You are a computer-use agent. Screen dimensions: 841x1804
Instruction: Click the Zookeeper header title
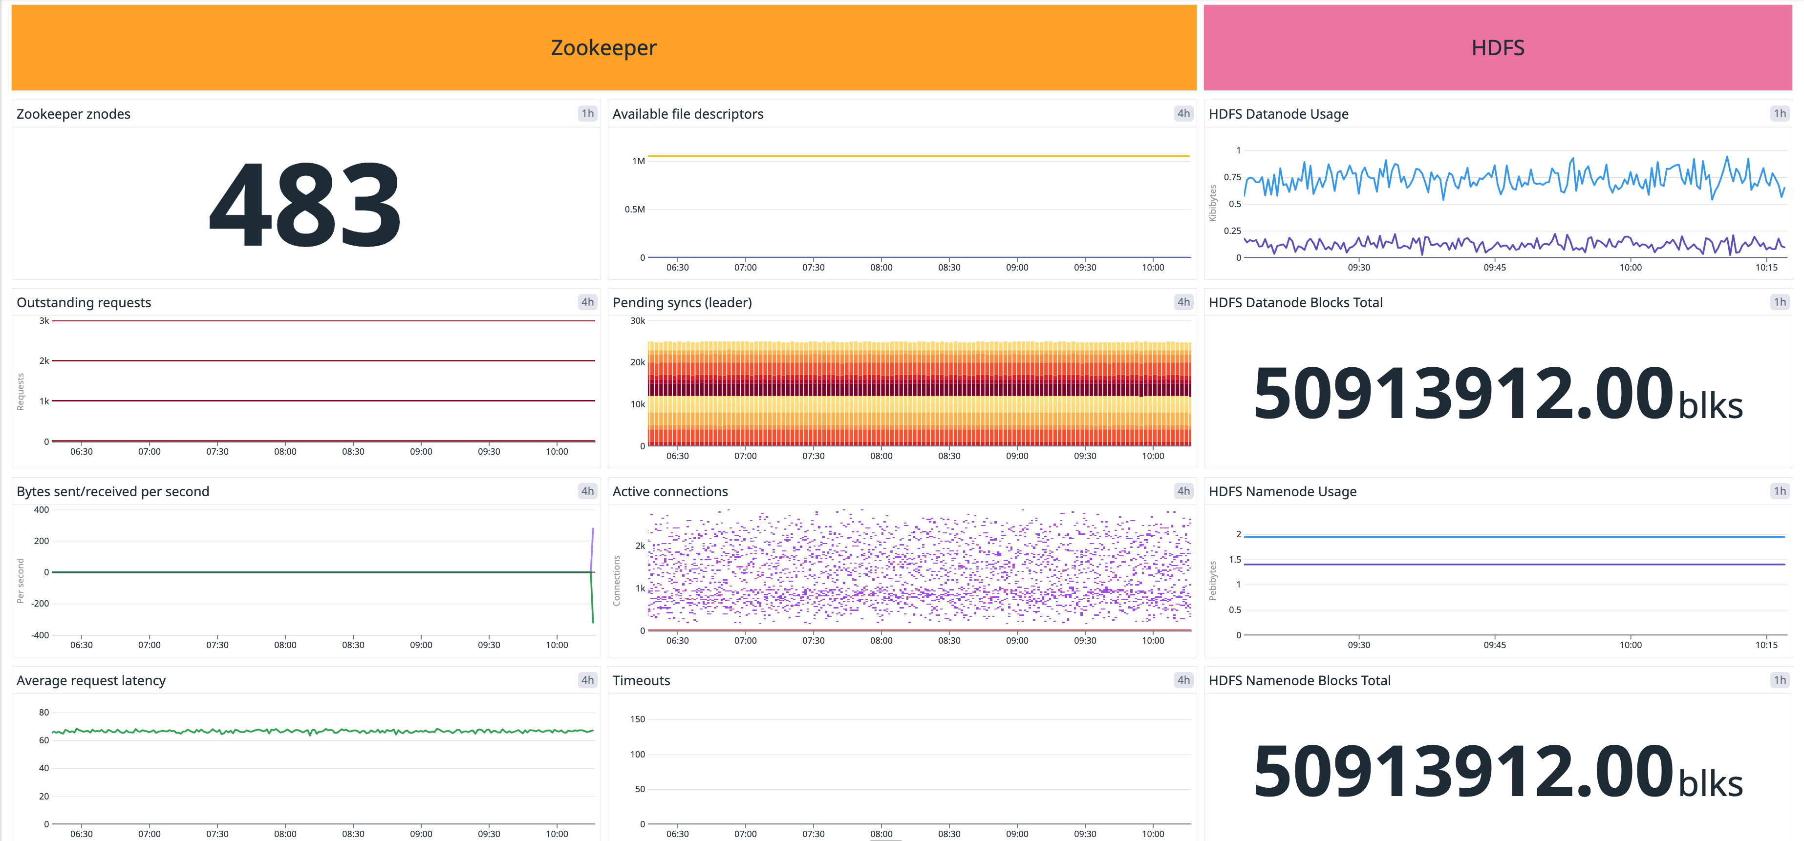click(603, 47)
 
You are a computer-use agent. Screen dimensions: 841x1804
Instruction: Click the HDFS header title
click(1497, 47)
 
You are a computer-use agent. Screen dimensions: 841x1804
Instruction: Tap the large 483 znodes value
click(305, 205)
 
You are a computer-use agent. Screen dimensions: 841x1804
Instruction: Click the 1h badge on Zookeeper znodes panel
click(587, 113)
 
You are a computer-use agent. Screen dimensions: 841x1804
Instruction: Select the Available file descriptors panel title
click(687, 114)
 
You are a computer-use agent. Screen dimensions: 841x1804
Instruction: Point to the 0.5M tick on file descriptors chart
click(635, 210)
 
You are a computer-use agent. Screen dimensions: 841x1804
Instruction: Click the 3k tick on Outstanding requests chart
click(44, 321)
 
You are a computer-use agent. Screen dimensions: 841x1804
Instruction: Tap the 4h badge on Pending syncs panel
click(1183, 302)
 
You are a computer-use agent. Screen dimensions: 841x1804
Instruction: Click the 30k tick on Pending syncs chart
click(637, 321)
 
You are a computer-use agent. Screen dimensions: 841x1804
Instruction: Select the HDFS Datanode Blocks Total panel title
click(1295, 302)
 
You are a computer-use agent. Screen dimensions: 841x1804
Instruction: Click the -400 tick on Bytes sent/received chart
click(40, 635)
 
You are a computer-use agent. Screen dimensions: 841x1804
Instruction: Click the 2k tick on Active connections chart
click(640, 546)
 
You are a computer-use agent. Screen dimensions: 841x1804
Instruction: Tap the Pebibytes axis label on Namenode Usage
click(1212, 581)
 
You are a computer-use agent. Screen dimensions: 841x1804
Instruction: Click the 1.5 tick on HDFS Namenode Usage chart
click(1235, 560)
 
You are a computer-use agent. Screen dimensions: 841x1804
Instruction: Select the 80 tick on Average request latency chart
click(44, 712)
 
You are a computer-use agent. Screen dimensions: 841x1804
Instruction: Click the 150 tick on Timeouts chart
click(637, 719)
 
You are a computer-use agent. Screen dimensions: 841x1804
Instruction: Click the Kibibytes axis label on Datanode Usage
click(1212, 203)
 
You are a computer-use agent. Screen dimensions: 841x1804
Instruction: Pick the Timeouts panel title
click(641, 681)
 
